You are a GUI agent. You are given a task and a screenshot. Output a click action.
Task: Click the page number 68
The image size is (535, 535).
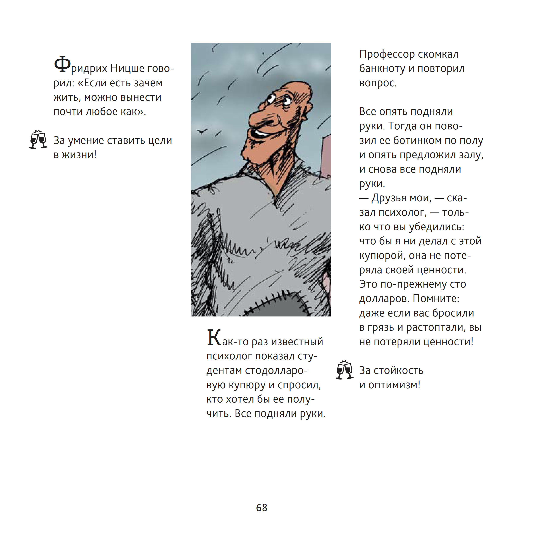pos(261,508)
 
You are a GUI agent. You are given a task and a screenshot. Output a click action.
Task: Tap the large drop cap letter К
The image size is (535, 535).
pos(214,338)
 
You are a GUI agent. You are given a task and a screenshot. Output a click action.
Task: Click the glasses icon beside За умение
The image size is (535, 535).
pos(38,139)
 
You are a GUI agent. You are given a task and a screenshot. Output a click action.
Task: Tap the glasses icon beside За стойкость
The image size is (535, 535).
pos(344,370)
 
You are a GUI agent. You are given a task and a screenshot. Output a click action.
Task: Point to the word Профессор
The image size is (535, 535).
pos(387,54)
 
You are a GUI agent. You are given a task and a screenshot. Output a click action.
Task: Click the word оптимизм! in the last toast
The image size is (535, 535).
pos(394,385)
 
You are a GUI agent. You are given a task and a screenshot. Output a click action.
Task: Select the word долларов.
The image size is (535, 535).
pos(384,299)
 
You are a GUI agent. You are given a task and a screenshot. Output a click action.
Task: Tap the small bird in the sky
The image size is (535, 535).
pos(201,131)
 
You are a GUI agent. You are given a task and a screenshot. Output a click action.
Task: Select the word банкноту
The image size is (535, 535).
pos(382,69)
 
